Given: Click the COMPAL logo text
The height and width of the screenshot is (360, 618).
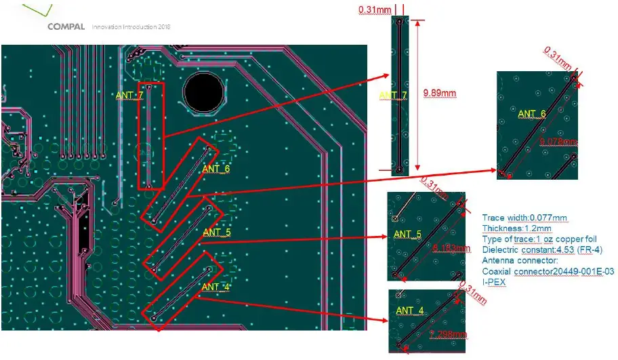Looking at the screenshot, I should [66, 27].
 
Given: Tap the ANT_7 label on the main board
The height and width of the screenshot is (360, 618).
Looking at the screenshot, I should [129, 96].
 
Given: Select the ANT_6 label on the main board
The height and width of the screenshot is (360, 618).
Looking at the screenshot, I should [216, 169].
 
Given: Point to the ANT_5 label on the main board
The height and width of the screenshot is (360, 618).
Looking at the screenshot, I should [217, 233].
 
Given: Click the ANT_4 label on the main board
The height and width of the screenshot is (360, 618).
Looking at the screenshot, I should [215, 287].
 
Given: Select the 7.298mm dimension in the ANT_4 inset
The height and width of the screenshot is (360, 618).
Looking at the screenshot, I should [449, 334].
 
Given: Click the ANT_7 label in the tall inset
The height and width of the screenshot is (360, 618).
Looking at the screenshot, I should [393, 94].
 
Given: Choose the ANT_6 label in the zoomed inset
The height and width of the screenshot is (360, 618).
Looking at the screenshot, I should [532, 114].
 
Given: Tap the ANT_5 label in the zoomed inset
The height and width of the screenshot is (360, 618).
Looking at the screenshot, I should [408, 235].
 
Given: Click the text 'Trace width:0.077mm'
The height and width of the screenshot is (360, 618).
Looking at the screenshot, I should [524, 218].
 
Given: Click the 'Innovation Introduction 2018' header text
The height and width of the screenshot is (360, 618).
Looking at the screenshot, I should [131, 27].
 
